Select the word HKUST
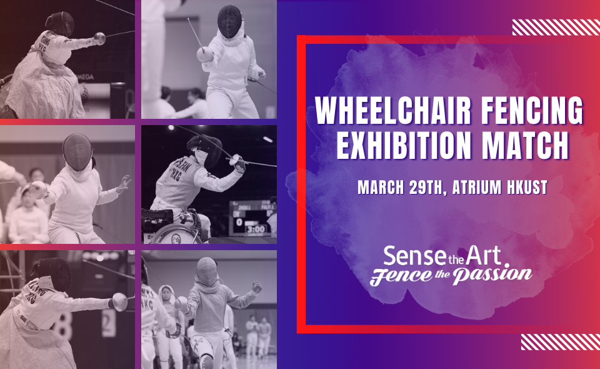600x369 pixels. (x=531, y=187)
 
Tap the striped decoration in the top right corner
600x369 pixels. (x=556, y=27)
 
